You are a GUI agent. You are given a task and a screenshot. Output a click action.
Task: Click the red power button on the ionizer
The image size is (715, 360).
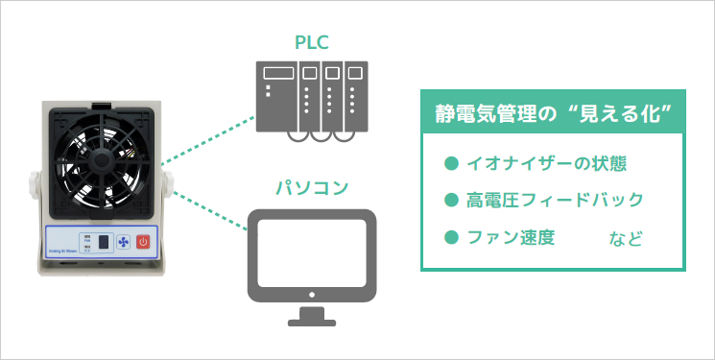143,242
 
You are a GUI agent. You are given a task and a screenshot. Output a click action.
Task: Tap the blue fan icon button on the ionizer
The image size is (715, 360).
122,242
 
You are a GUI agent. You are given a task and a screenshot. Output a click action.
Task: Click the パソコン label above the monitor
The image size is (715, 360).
312,184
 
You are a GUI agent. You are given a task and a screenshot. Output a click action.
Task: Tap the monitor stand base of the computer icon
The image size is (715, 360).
312,317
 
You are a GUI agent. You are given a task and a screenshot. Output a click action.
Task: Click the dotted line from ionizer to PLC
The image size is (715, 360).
206,139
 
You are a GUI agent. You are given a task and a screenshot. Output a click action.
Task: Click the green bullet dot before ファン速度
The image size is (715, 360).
450,236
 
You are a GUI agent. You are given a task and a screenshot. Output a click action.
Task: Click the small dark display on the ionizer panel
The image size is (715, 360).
99,242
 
